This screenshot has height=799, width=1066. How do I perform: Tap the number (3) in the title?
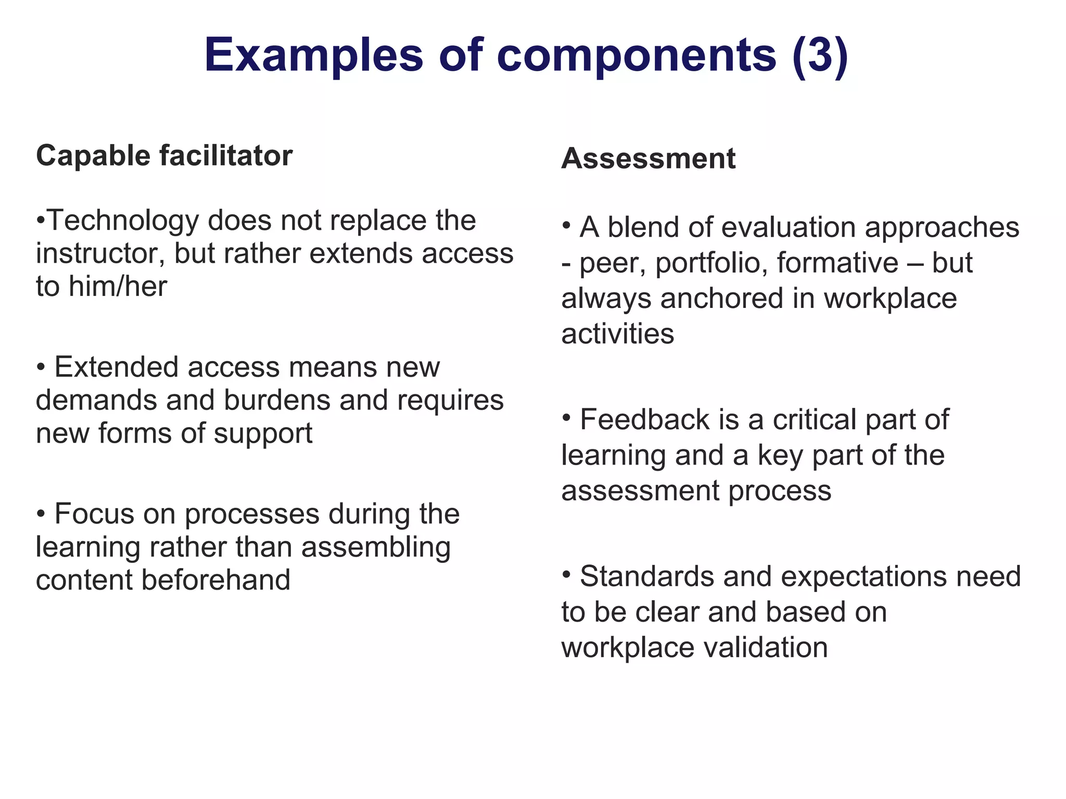820,55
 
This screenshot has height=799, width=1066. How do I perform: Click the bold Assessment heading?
648,158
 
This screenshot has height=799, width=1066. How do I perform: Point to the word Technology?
123,221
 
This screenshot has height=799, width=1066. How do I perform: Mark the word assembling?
376,547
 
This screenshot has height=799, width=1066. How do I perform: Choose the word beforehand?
215,580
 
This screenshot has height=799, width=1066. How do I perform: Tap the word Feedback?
644,420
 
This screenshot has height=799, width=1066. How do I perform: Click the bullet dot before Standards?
567,573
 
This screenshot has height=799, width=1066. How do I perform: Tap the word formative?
837,263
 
